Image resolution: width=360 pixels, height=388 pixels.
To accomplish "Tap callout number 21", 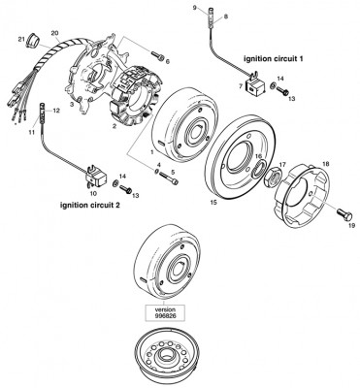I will point(20,38).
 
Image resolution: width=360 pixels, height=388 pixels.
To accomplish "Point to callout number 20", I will point(54,34).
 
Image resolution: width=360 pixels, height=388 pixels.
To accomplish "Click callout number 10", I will point(93,193).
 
